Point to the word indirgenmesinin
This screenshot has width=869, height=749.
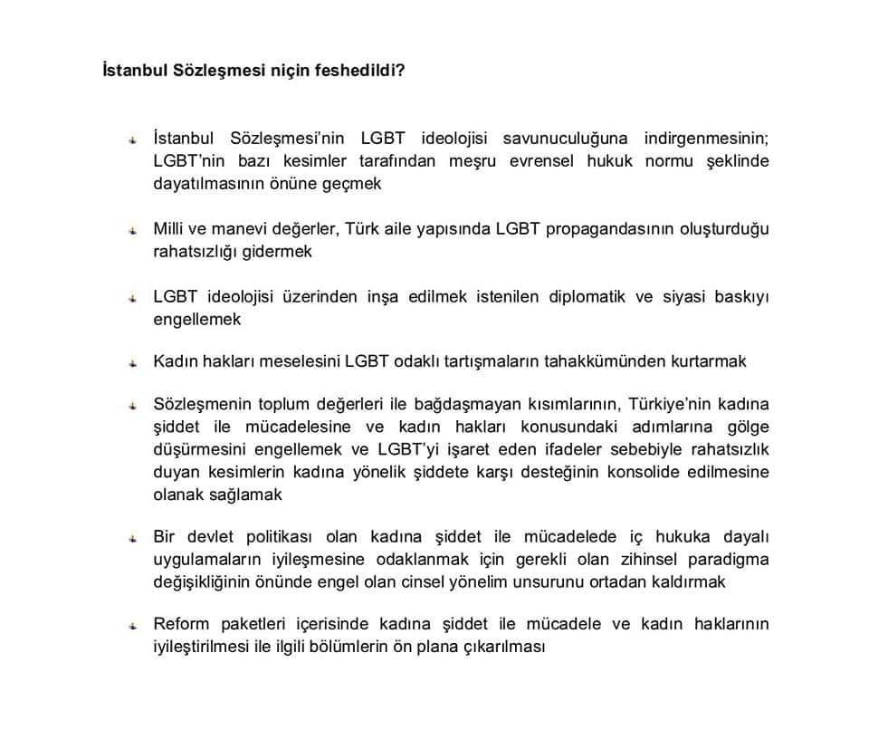(706, 139)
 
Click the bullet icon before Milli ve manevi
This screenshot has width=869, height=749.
(132, 230)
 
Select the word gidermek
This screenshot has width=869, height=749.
(276, 251)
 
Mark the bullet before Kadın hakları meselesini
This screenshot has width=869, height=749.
(132, 363)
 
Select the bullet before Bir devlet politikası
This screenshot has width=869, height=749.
(132, 539)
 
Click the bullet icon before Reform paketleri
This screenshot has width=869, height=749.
(132, 626)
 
